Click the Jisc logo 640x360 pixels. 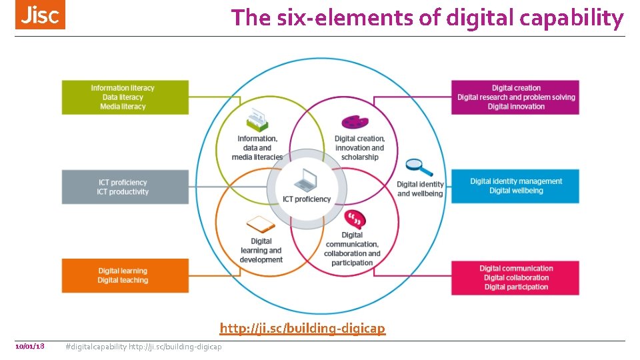pos(40,15)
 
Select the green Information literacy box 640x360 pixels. pos(125,97)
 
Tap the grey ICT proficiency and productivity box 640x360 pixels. pos(125,187)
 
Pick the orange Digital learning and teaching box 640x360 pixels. pos(125,275)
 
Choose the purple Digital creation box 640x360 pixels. pos(515,97)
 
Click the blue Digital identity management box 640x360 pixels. pos(515,186)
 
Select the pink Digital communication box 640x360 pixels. pos(515,277)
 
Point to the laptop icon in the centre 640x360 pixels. pos(306,179)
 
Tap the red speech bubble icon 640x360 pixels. pos(354,219)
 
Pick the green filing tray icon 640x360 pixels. pos(257,121)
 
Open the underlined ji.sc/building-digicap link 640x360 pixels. pos(303,328)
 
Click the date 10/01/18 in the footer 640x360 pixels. pos(29,346)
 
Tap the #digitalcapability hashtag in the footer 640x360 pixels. pos(96,347)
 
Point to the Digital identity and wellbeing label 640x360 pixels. pos(420,189)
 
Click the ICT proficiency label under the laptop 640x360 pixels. pos(307,199)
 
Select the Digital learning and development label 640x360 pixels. pos(261,251)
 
